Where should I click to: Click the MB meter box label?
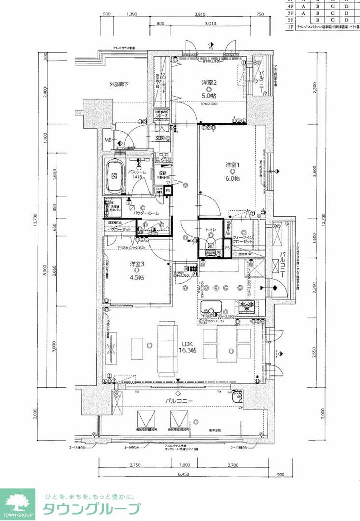(108, 140)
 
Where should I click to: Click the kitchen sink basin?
(211, 308)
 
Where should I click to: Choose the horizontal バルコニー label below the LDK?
(179, 401)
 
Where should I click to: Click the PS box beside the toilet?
(228, 248)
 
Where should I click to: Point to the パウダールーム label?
(146, 213)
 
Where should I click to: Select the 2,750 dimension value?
(135, 465)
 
